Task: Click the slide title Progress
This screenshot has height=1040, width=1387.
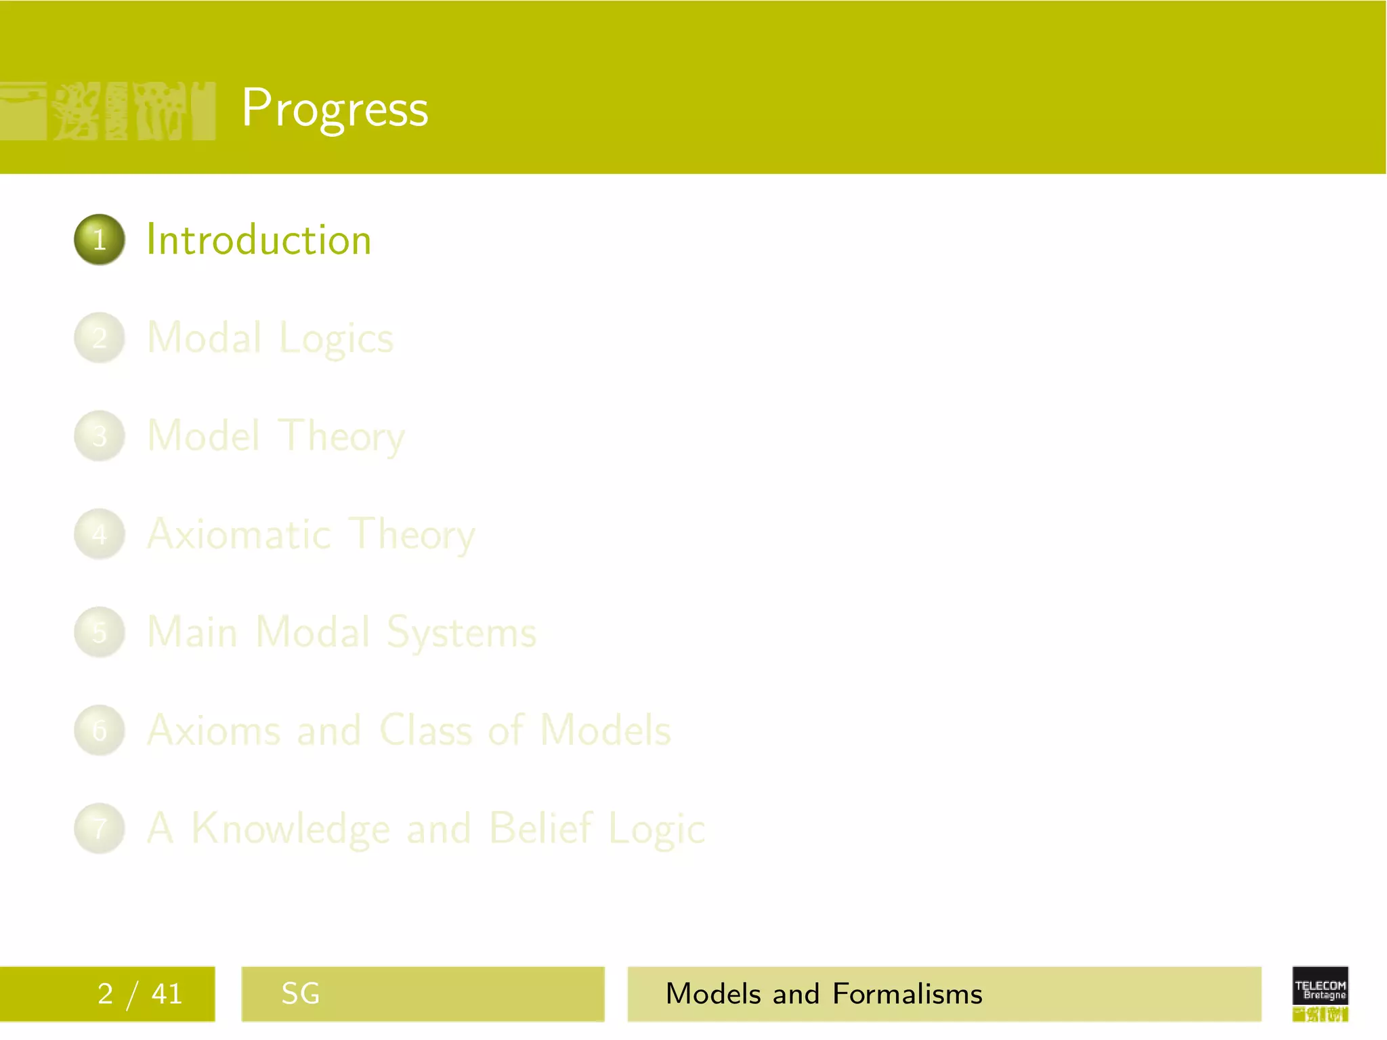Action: [335, 108]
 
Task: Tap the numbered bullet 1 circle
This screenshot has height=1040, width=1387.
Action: [100, 240]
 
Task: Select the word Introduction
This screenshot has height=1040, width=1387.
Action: [259, 240]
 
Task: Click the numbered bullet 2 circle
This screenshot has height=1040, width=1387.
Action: [100, 338]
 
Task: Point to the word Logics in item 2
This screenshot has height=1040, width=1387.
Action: [336, 339]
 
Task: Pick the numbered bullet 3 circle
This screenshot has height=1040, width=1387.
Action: [100, 436]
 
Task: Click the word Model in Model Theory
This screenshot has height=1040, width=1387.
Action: [203, 435]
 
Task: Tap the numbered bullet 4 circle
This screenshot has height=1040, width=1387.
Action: [100, 534]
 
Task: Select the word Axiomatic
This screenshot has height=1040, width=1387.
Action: [239, 534]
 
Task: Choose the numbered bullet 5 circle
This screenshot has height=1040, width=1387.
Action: [100, 632]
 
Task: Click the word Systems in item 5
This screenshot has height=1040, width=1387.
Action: [461, 632]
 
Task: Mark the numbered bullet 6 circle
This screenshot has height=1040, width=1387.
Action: [100, 730]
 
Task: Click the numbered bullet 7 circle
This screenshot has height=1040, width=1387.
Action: [100, 828]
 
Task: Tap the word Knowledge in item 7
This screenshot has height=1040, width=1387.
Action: [291, 829]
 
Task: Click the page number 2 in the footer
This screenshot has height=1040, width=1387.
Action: [105, 994]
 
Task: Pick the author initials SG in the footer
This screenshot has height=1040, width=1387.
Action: [300, 994]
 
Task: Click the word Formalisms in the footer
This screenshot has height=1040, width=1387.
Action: [907, 994]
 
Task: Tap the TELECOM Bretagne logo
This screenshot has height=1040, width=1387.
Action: [1320, 993]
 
